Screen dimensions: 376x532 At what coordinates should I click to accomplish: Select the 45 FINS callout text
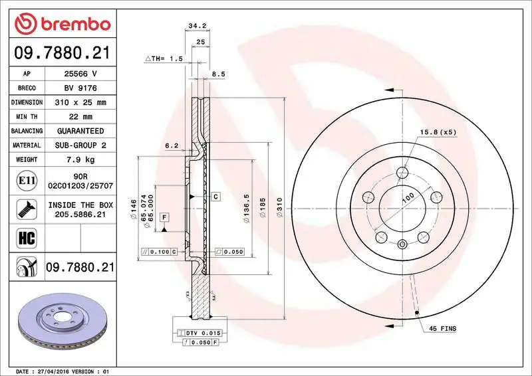tap(442, 329)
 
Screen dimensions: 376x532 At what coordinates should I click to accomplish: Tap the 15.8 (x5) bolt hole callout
tap(438, 132)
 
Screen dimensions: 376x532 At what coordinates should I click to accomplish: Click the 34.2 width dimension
tap(195, 27)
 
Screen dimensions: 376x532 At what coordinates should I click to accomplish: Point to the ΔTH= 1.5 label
tap(164, 59)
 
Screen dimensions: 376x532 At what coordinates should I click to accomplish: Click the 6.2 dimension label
tap(171, 145)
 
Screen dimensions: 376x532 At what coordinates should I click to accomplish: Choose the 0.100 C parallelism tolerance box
tap(159, 252)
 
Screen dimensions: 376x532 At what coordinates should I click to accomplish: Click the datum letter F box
tap(164, 217)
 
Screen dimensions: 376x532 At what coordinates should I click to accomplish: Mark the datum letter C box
tap(216, 197)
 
